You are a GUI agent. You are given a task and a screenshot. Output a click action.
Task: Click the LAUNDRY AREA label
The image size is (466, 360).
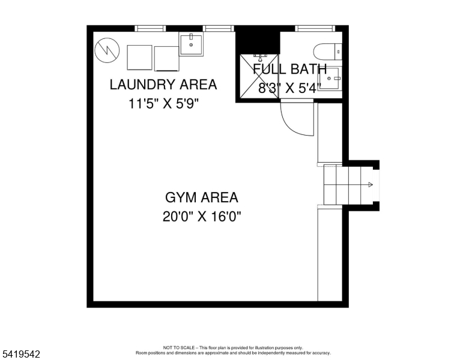click(163, 85)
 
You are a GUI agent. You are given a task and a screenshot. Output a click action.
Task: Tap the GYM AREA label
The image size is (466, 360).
click(202, 197)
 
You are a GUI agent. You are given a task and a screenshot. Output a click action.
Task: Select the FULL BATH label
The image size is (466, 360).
click(290, 69)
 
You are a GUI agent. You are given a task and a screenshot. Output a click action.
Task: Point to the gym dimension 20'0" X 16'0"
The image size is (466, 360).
click(202, 217)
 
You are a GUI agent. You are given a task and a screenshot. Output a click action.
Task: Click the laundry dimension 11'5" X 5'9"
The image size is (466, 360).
click(163, 104)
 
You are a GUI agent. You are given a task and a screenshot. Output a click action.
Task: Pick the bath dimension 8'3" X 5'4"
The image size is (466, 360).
click(290, 88)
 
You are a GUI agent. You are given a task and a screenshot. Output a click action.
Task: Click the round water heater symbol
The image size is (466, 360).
click(107, 50)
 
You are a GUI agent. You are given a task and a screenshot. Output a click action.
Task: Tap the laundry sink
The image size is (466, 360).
click(191, 44)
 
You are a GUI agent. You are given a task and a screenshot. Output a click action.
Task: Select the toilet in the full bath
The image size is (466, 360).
click(327, 52)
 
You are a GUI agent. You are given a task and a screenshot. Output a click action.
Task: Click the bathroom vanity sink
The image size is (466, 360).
click(329, 79)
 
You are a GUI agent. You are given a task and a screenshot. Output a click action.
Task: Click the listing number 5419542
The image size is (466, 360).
click(21, 354)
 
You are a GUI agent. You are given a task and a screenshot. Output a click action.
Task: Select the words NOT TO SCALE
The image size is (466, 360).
click(178, 347)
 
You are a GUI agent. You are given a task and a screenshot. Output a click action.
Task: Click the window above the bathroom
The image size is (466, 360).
click(315, 29)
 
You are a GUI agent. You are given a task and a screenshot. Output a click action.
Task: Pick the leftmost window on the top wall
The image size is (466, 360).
click(150, 29)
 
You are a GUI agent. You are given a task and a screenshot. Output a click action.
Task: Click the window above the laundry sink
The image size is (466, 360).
click(219, 29)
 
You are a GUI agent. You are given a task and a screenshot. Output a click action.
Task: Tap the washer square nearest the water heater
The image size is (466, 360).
click(140, 58)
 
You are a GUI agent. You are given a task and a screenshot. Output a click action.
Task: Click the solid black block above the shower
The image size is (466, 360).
click(258, 41)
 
